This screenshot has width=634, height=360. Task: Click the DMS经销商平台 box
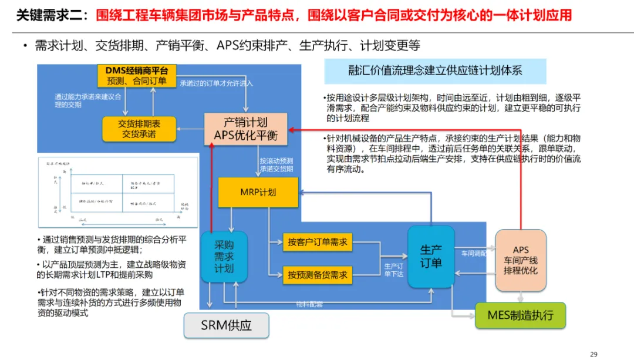tap(136, 76)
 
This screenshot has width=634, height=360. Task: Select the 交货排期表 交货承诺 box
tap(139, 129)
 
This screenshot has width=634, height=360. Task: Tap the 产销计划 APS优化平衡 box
tap(245, 129)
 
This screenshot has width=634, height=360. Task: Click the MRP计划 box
tap(258, 193)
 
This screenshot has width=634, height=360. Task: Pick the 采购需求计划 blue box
tap(224, 257)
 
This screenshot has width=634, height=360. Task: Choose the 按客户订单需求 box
tap(318, 242)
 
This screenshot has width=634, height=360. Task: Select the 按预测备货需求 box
tap(318, 274)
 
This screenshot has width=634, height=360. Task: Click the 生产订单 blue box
tap(431, 257)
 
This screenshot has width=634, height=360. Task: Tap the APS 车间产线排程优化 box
tap(521, 260)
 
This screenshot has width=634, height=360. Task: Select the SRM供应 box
tap(227, 325)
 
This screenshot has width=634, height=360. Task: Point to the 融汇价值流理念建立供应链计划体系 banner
tap(435, 71)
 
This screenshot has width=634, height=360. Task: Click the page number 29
tap(593, 354)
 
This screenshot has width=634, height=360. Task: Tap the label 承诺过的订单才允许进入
tap(217, 83)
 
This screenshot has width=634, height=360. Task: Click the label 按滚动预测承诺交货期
tap(276, 165)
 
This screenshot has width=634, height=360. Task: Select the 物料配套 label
tap(309, 304)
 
